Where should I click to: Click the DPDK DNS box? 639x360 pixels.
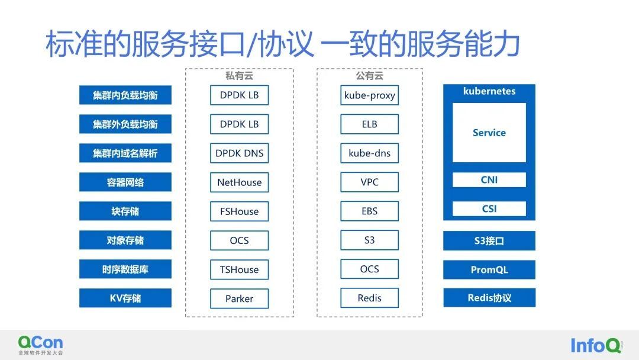[239, 153]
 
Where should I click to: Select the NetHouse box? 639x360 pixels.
[239, 182]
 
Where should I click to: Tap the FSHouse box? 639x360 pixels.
[239, 211]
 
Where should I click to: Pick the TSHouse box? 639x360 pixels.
[239, 269]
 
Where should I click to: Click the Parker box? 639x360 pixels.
[239, 298]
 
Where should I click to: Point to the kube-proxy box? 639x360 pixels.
[369, 95]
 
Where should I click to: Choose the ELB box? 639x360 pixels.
[369, 124]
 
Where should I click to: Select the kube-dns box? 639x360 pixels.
[369, 153]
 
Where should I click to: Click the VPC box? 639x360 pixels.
[369, 182]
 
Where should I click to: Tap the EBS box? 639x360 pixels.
[369, 211]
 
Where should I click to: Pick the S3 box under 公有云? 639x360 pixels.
[369, 240]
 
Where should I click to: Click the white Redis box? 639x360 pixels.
[369, 298]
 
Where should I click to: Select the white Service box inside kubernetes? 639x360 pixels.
[489, 133]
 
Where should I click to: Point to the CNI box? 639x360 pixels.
[489, 179]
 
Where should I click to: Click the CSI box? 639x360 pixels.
[489, 209]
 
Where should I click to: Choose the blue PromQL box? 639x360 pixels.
[489, 269]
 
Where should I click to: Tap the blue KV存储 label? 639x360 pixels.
[125, 298]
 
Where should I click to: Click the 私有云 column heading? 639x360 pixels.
[239, 75]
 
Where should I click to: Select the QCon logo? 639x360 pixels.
[40, 345]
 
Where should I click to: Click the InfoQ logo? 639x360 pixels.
[596, 345]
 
